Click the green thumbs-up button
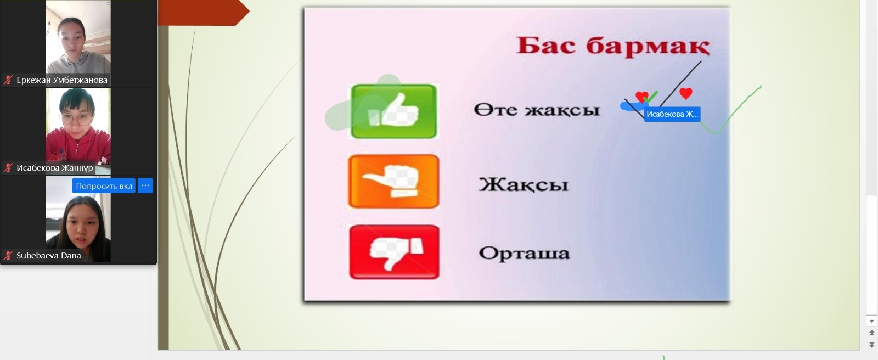[393, 111]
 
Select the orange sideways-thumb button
[393, 181]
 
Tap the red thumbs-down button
[394, 252]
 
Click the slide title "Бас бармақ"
[613, 46]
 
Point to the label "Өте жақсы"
[537, 109]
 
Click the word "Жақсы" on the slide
[524, 184]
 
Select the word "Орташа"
[524, 253]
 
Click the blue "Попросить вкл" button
[104, 186]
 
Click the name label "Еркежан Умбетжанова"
[61, 80]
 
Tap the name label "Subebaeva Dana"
[48, 256]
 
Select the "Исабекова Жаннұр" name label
[54, 168]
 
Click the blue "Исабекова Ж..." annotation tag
[672, 114]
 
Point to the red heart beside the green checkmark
[641, 96]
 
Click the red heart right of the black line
[685, 93]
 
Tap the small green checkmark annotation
[651, 97]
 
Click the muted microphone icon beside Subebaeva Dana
[8, 256]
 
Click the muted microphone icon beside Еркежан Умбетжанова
[8, 80]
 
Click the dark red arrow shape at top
[204, 13]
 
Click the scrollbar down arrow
[871, 321]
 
